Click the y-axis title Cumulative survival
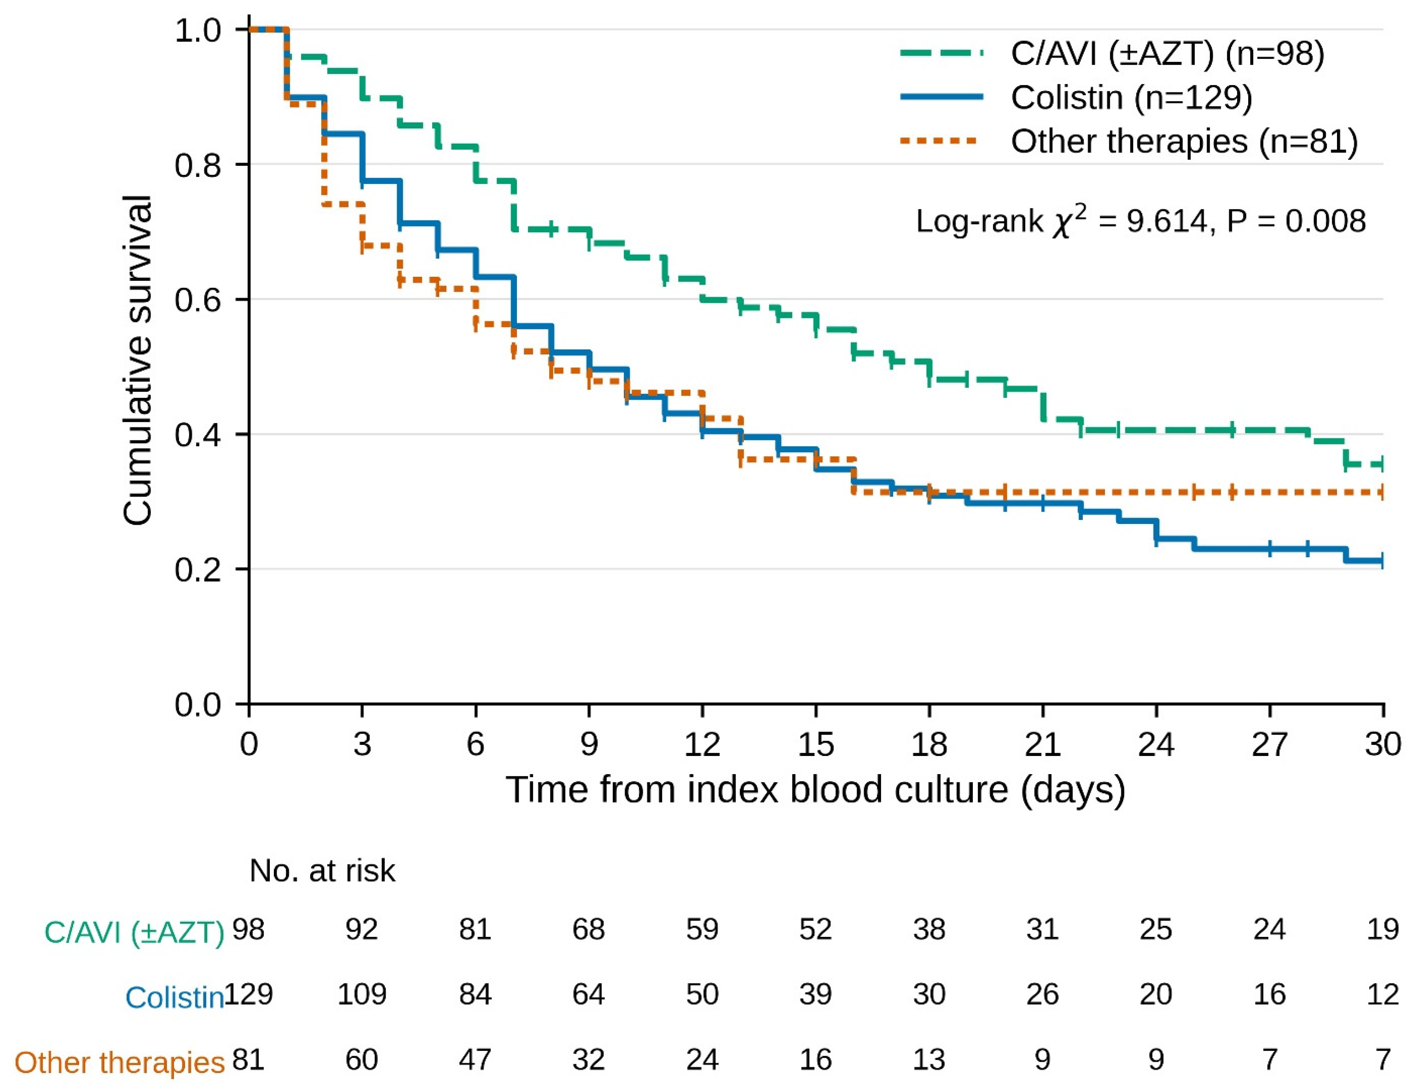point(138,360)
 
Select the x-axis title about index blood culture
point(815,790)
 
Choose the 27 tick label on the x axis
point(1270,745)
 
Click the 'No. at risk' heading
point(322,870)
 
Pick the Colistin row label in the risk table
point(174,997)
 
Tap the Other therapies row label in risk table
point(120,1063)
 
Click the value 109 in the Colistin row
point(362,994)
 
